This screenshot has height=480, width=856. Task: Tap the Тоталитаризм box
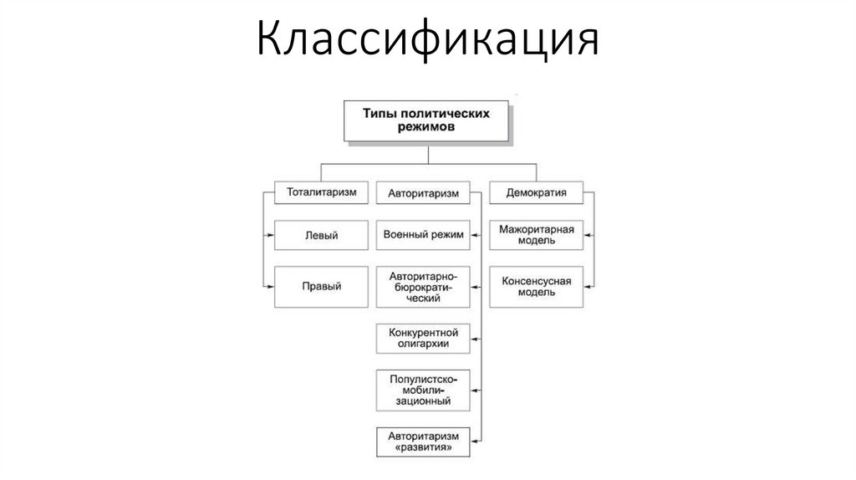322,192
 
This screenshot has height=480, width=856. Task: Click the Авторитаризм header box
423,193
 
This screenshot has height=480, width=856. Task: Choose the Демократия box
537,192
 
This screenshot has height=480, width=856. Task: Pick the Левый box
322,236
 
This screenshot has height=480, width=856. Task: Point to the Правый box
322,286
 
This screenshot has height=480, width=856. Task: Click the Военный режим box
423,236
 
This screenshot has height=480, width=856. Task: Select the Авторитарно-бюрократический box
423,286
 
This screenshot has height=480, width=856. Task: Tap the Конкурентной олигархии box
423,339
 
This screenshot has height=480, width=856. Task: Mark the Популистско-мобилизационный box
423,390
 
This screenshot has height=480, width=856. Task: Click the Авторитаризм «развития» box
423,441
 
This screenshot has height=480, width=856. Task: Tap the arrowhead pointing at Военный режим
475,237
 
